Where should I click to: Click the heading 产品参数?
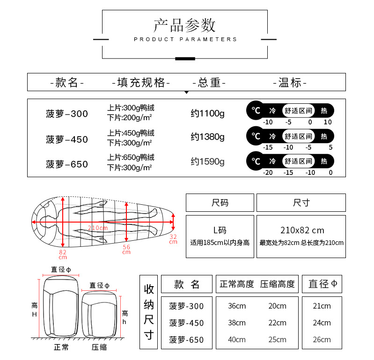184,25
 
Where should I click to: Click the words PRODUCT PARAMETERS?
185,39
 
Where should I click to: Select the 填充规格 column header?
141,83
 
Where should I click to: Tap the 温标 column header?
290,83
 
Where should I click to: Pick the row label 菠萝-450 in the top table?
67,139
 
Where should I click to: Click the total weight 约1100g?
207,113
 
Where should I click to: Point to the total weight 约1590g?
207,162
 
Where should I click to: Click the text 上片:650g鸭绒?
131,158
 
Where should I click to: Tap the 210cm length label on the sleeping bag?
98,228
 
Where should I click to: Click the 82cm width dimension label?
63,254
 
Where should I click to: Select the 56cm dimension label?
126,249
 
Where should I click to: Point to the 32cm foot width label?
173,239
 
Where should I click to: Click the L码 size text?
220,230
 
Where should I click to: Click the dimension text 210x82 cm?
302,230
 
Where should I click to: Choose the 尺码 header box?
220,203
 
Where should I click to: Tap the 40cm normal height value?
237,339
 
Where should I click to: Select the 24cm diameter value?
322,323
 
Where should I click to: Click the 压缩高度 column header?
278,284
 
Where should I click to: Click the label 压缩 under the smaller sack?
99,347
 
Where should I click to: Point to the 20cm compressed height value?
277,306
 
